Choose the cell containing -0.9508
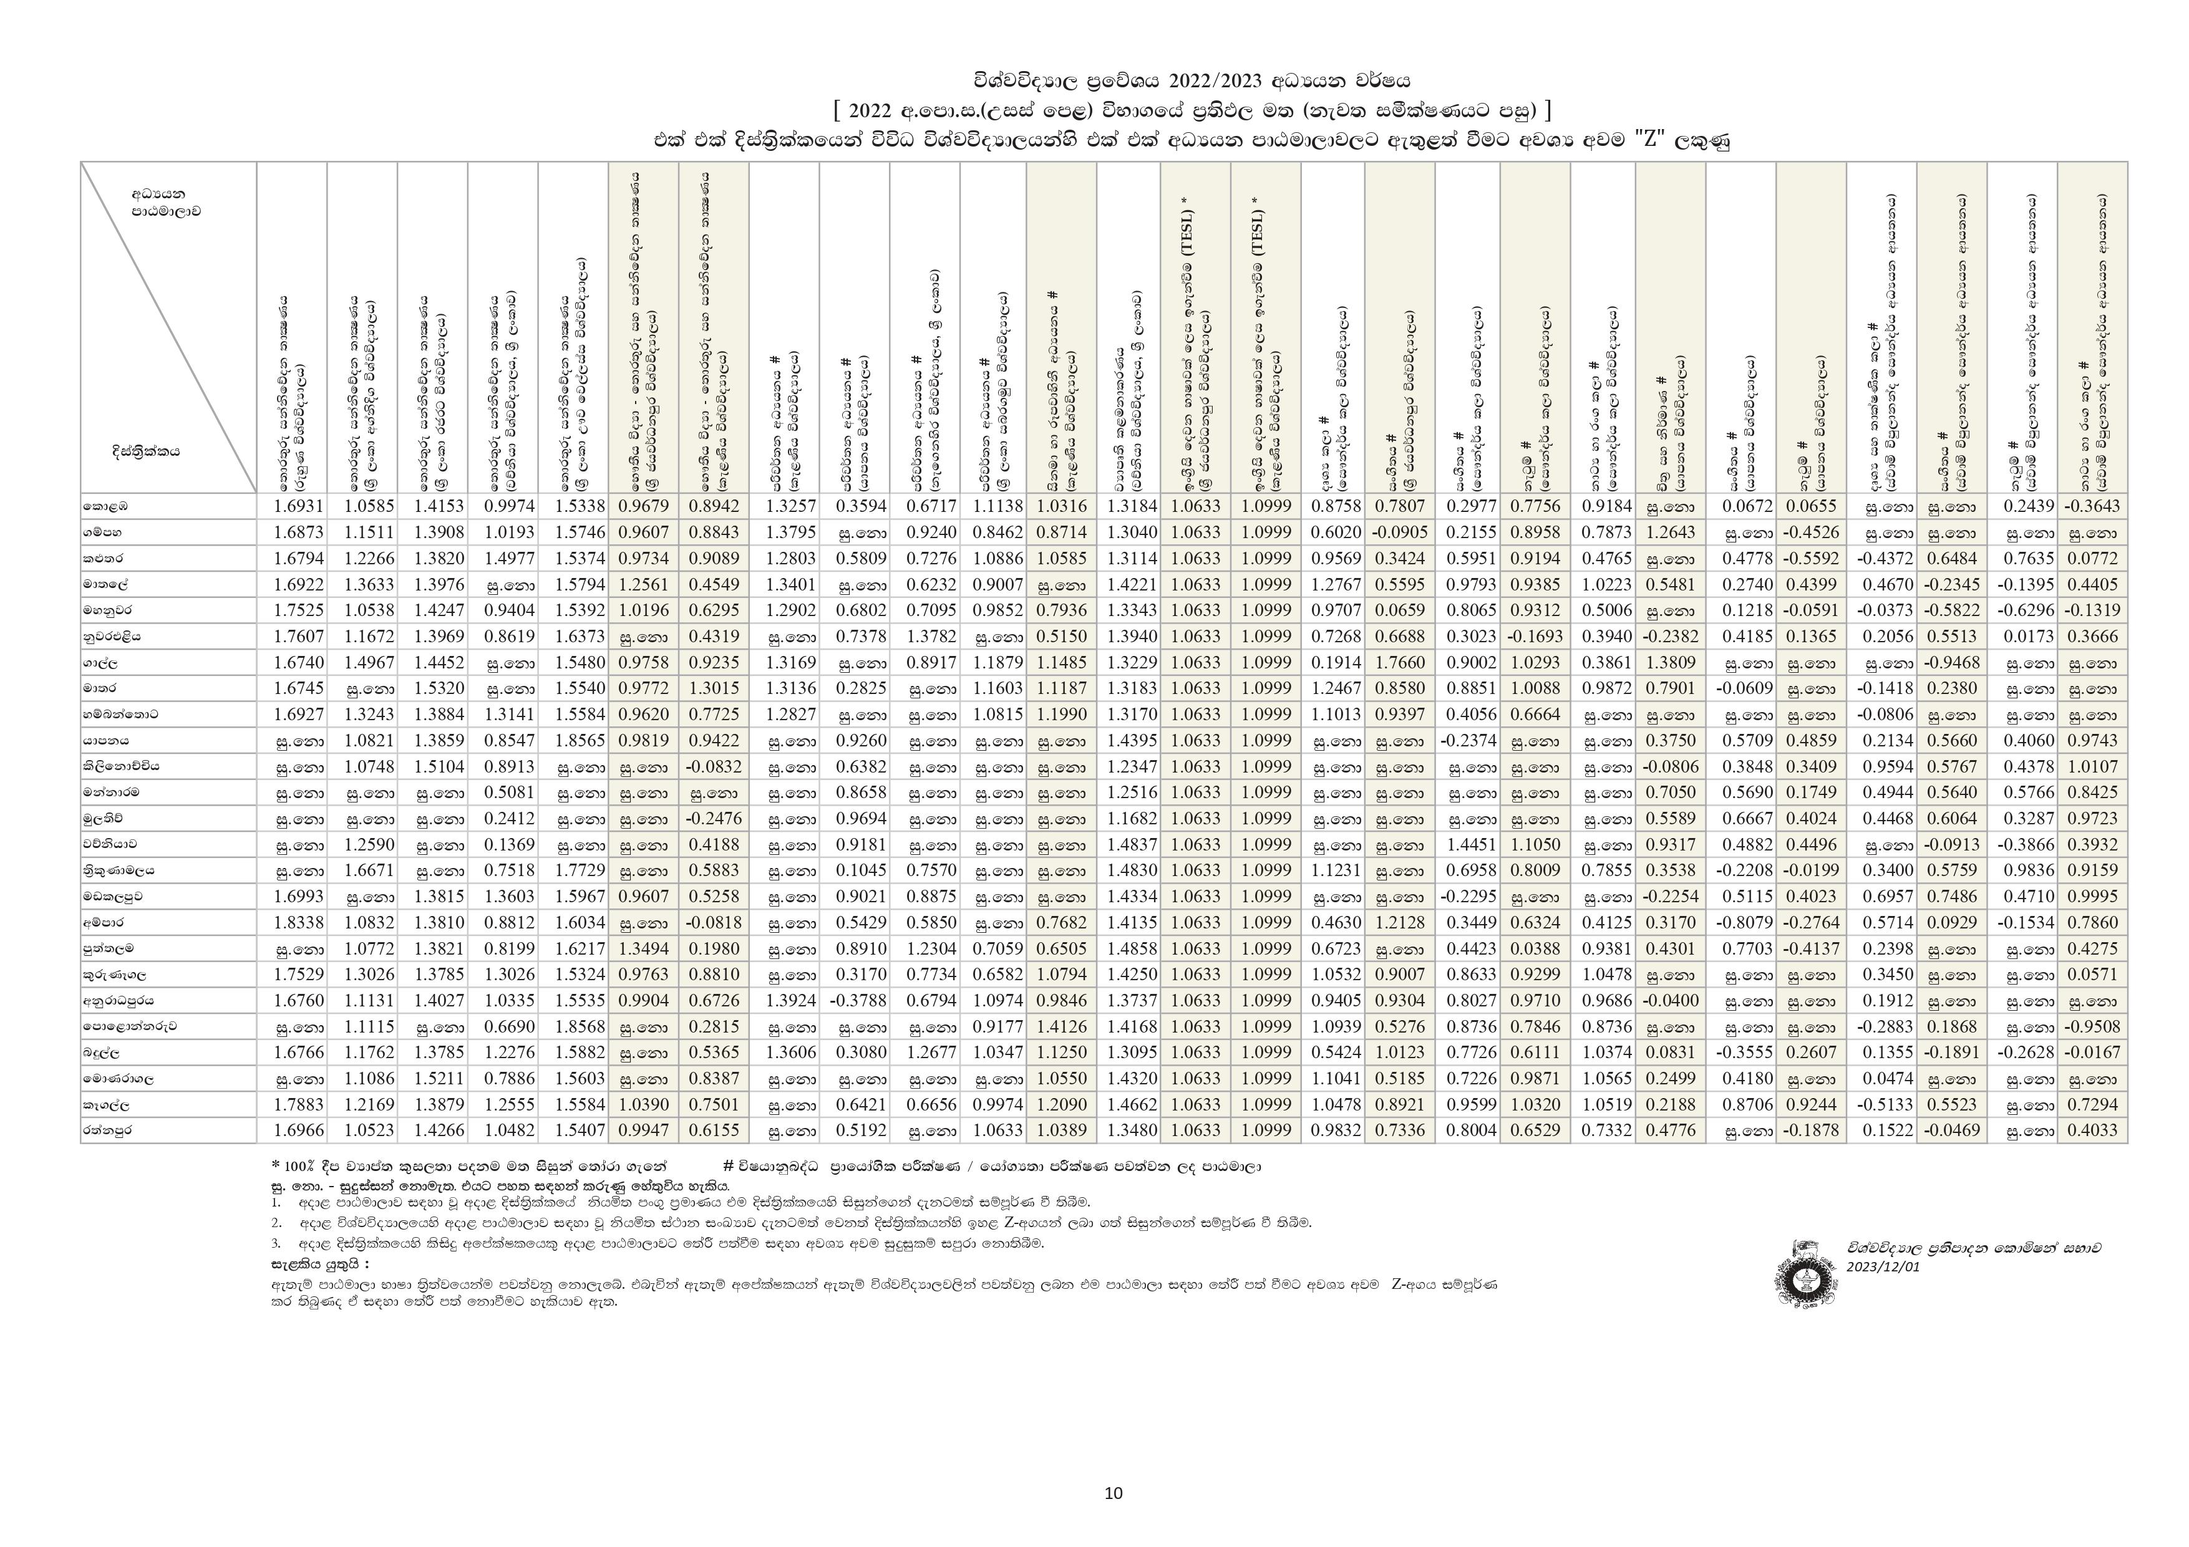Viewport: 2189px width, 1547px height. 2092,1026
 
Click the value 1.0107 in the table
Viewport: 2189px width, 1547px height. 2092,766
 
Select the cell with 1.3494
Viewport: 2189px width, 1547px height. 644,948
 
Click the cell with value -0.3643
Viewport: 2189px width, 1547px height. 2092,506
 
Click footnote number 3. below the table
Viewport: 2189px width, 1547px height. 276,1243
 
